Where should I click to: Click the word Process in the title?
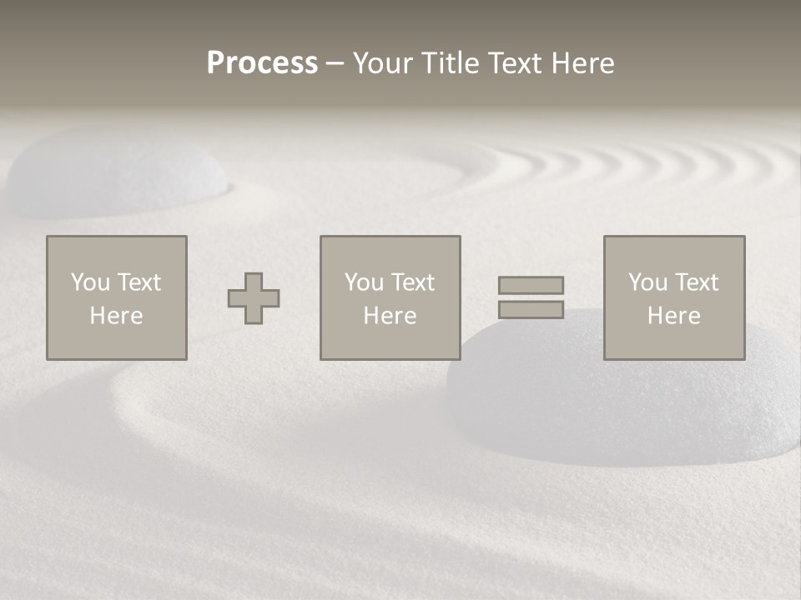coord(262,63)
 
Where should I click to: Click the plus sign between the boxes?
coord(254,298)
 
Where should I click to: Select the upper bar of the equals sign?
coord(531,285)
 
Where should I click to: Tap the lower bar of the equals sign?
coord(531,310)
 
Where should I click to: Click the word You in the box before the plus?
coord(90,282)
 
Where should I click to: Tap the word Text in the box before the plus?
coord(139,282)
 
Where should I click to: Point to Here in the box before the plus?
coord(116,316)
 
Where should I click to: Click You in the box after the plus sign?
coord(364,282)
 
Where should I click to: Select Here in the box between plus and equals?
coord(390,316)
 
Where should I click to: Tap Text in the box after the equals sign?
coord(696,282)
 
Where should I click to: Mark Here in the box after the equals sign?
coord(673,316)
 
